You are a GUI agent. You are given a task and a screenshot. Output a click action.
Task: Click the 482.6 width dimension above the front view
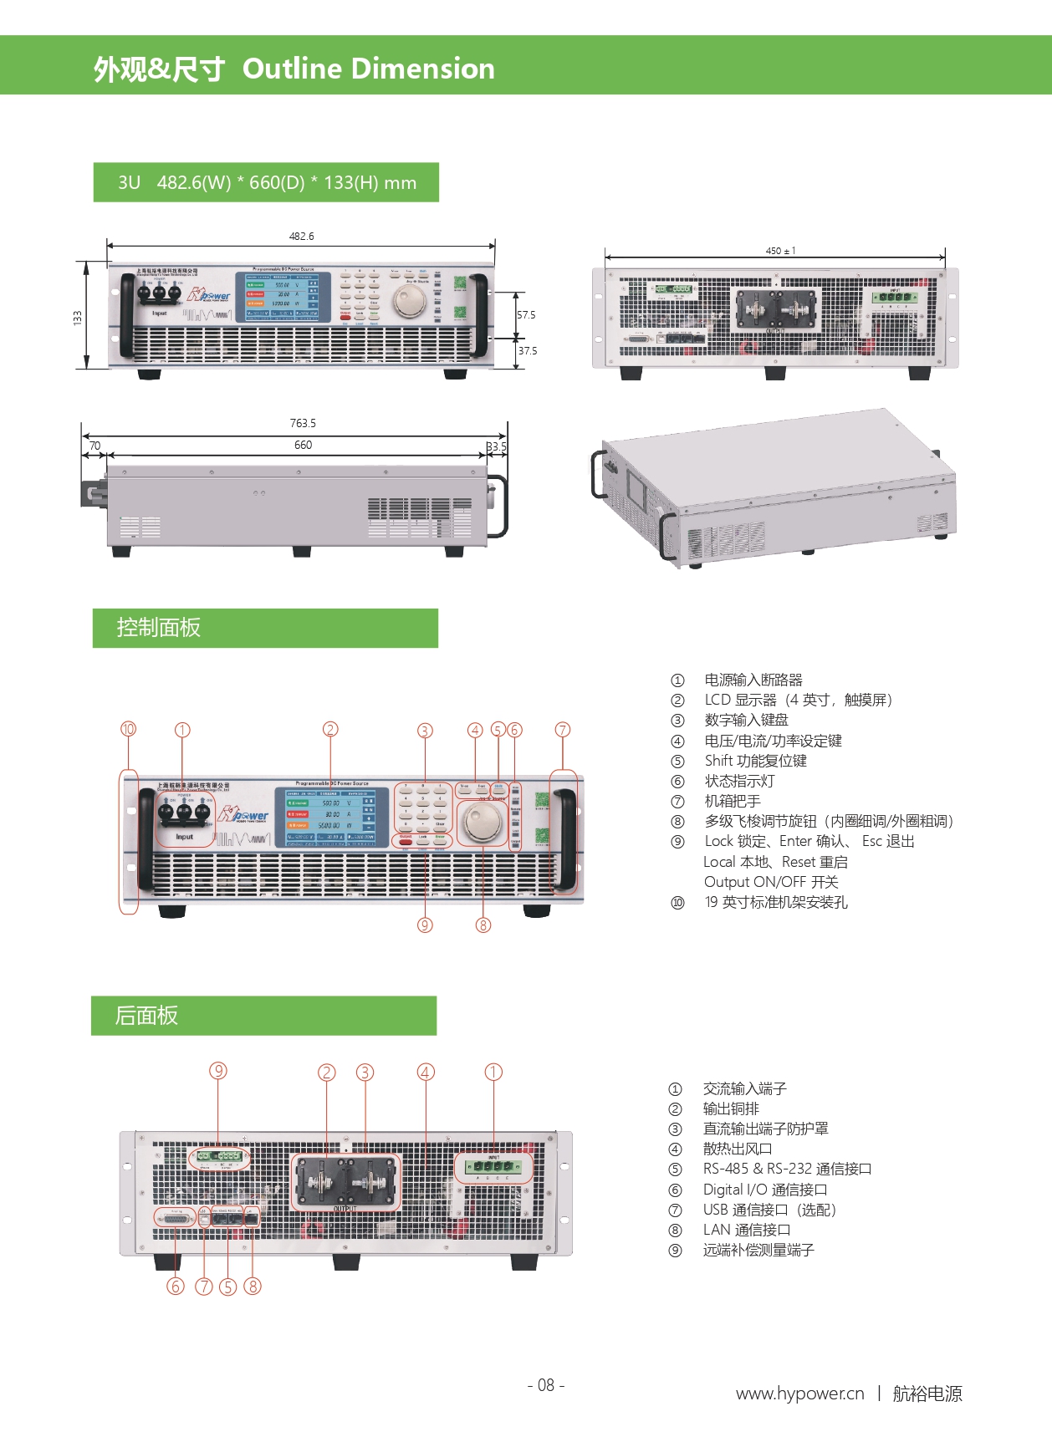tap(301, 237)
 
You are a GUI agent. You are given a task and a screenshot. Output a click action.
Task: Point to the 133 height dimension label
tap(78, 318)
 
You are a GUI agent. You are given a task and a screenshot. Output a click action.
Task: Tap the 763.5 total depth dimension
tap(303, 424)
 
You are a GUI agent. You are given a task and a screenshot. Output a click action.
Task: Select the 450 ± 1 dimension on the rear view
tap(780, 251)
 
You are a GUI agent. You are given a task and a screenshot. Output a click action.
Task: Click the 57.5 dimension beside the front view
tap(526, 315)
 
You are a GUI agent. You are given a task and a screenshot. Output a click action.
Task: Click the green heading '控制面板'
tap(159, 628)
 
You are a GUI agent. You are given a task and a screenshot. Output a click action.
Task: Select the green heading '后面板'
tap(146, 1016)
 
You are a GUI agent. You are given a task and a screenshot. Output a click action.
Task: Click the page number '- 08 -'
tap(546, 1385)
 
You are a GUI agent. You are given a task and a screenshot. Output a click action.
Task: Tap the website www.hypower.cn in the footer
tap(799, 1394)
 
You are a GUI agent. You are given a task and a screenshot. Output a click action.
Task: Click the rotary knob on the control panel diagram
tap(483, 824)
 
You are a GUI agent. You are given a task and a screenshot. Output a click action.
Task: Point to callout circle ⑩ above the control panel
tap(128, 729)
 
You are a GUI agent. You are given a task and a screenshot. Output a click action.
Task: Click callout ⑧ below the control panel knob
tap(483, 925)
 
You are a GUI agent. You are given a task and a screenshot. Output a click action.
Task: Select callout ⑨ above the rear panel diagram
tap(218, 1071)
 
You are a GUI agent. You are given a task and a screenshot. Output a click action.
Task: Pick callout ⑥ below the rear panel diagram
tap(176, 1286)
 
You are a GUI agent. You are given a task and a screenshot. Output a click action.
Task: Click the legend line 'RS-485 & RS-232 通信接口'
tap(787, 1169)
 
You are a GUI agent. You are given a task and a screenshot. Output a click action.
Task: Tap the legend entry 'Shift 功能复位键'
tap(755, 761)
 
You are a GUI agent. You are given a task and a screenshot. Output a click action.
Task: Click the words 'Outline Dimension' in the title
tap(368, 69)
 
